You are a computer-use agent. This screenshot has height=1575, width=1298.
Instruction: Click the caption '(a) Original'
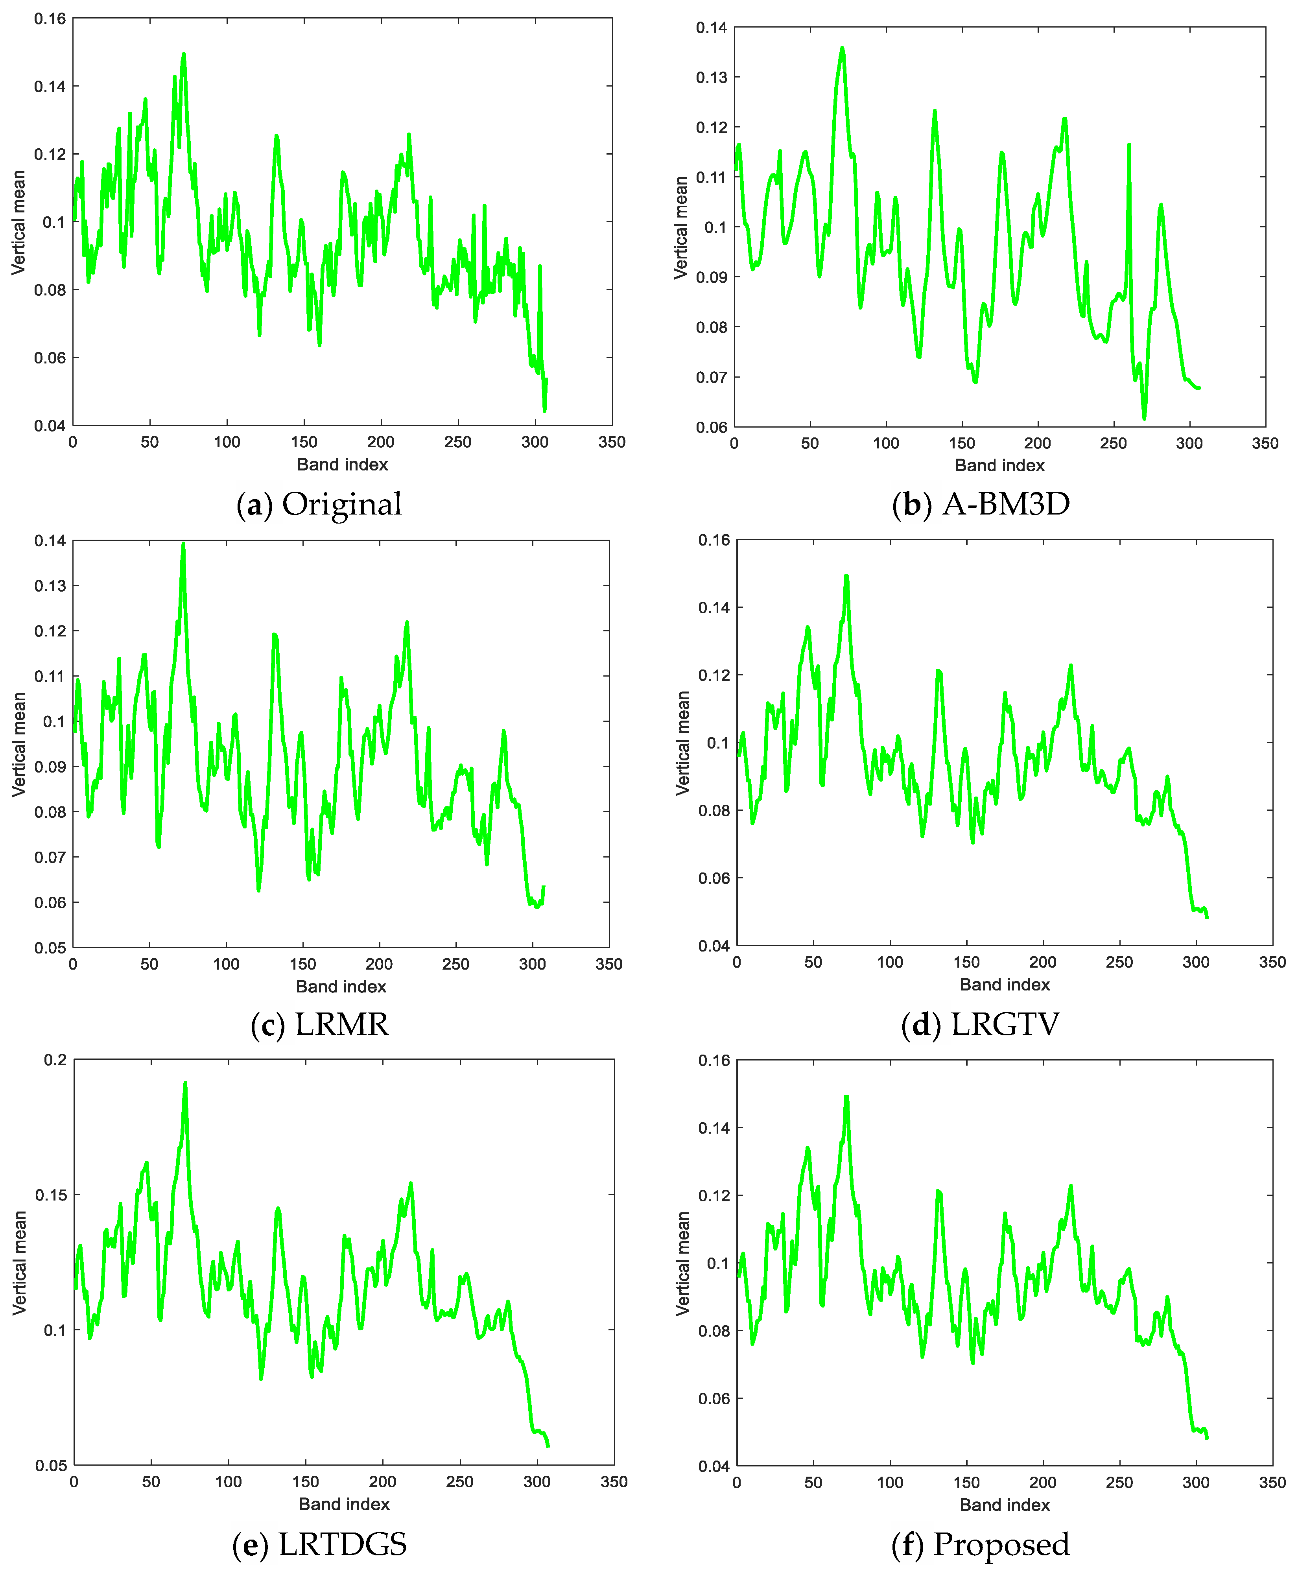tap(319, 504)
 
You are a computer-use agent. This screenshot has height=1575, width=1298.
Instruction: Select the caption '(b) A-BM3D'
tap(981, 504)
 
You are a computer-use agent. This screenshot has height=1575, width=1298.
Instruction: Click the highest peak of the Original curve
tap(183, 55)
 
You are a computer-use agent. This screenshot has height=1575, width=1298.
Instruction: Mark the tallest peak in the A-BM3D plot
tap(842, 49)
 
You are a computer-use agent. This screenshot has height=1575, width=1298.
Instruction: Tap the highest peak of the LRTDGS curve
tap(185, 1083)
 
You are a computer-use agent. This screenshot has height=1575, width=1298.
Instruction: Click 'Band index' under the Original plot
tap(343, 465)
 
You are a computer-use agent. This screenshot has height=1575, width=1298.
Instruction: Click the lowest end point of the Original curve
tap(544, 410)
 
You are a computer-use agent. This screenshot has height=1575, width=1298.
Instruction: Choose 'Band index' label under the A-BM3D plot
tap(1000, 465)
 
